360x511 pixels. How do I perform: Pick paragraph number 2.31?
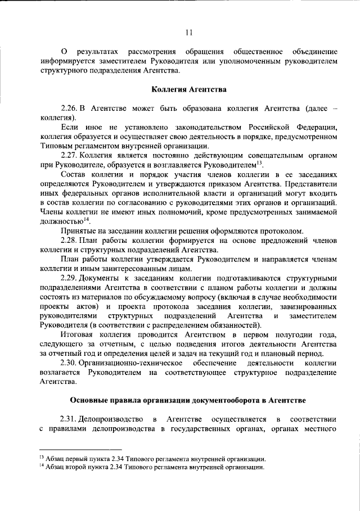69,419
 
